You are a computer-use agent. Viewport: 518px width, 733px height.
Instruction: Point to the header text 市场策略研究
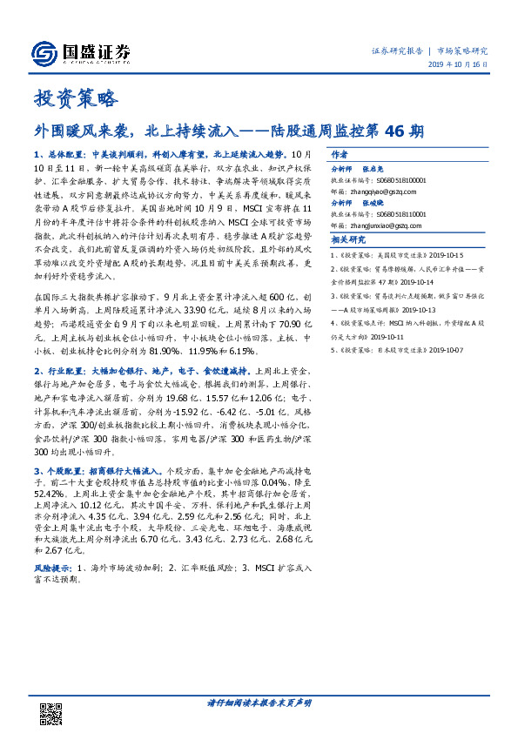(x=463, y=50)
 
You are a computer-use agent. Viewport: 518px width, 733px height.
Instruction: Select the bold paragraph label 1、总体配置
(x=57, y=152)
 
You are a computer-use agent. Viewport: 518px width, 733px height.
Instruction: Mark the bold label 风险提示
(x=52, y=567)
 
